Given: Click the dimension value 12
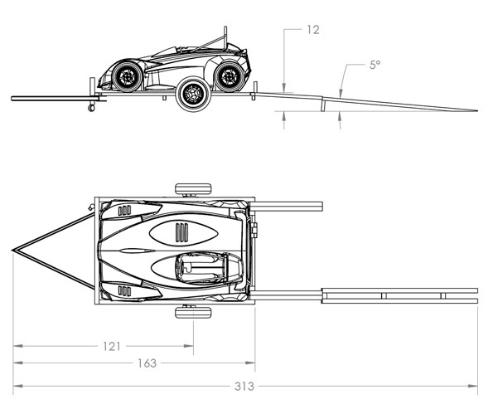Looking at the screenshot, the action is click(x=313, y=30).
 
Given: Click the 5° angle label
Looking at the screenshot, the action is click(x=375, y=65).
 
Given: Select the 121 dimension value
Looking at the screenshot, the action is click(x=112, y=346).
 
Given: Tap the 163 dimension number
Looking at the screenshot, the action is click(x=147, y=363).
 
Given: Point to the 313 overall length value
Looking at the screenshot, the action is click(x=244, y=387).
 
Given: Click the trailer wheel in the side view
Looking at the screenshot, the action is click(x=193, y=94).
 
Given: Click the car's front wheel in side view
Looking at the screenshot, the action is click(x=127, y=76).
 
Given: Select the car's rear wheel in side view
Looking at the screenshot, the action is click(x=230, y=76).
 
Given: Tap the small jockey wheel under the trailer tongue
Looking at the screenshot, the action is click(x=91, y=108).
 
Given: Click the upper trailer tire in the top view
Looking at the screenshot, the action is click(x=193, y=189).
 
